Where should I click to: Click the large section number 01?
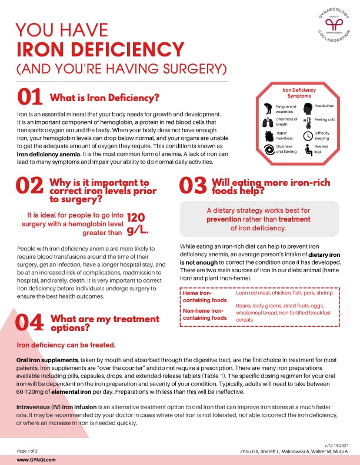click(x=29, y=97)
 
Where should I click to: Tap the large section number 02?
click(x=29, y=185)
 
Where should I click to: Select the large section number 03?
click(x=192, y=185)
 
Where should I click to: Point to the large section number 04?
click(x=29, y=322)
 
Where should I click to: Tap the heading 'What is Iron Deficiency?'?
click(x=105, y=97)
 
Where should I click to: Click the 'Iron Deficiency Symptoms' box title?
click(x=299, y=92)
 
